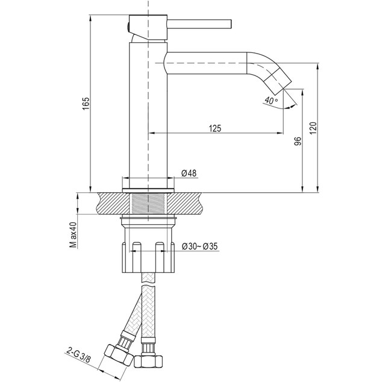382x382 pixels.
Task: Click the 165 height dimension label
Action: pos(86,103)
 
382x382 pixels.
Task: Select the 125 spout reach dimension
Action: pos(215,128)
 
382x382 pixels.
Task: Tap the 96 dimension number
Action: pos(298,141)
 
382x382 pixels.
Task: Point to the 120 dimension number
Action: pos(313,128)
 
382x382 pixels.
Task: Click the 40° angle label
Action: pos(271,100)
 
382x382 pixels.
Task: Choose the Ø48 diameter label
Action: pos(189,173)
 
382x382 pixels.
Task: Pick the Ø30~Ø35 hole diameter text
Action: pos(199,246)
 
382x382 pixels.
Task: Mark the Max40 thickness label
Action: pos(73,235)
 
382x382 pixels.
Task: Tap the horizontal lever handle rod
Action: pos(199,25)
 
